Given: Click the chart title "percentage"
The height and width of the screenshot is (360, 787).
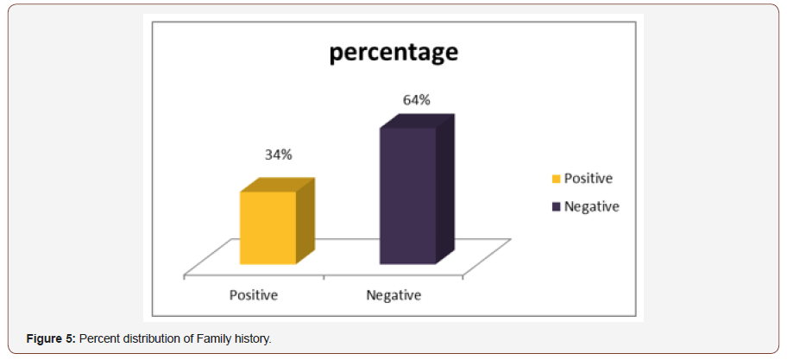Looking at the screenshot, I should pyautogui.click(x=393, y=53).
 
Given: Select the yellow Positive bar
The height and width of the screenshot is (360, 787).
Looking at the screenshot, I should pyautogui.click(x=268, y=228).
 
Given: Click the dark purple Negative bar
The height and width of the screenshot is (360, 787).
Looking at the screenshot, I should pyautogui.click(x=407, y=197).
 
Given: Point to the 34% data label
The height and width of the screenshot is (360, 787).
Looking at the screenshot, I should pyautogui.click(x=278, y=155).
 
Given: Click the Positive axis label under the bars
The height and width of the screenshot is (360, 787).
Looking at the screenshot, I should pyautogui.click(x=253, y=295).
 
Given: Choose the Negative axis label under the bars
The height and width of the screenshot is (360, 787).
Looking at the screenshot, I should pyautogui.click(x=393, y=295).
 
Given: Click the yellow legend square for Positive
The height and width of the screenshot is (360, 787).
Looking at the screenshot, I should pyautogui.click(x=557, y=180).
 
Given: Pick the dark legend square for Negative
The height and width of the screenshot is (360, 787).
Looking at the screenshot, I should pyautogui.click(x=557, y=207).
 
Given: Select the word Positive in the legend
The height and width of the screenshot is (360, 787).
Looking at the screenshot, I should pyautogui.click(x=589, y=179).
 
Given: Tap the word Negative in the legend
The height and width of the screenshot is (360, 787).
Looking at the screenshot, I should pyautogui.click(x=592, y=206).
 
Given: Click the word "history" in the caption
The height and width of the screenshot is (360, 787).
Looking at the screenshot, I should pyautogui.click(x=249, y=338).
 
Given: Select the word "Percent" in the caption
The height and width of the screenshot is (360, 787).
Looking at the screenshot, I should pyautogui.click(x=100, y=338).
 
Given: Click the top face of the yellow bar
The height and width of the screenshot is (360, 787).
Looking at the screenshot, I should pyautogui.click(x=276, y=186).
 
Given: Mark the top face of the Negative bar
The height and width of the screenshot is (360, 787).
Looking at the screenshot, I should pyautogui.click(x=417, y=122).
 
